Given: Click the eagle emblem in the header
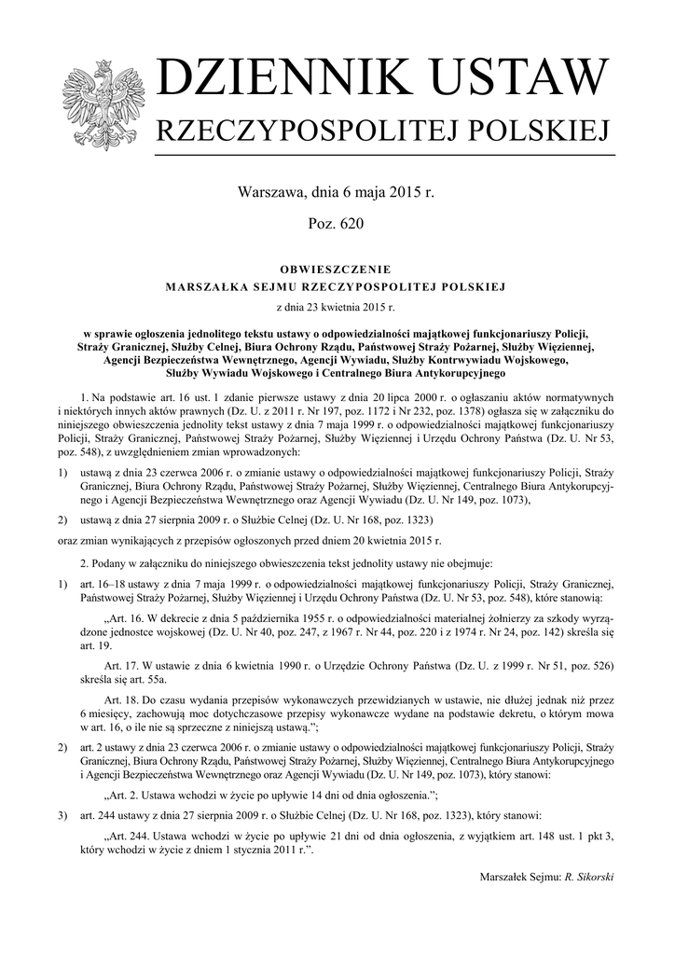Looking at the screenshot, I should pos(101,104).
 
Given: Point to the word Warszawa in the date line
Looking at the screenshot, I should pos(274,193).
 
